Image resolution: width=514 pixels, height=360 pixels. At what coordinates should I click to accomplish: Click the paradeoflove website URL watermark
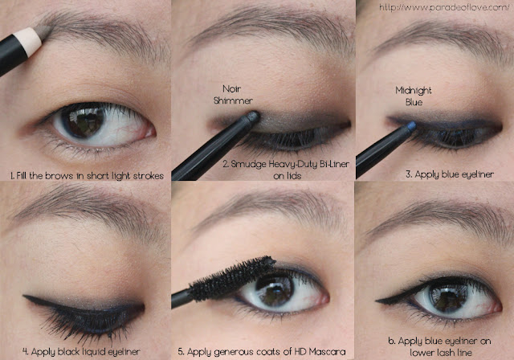click(x=444, y=7)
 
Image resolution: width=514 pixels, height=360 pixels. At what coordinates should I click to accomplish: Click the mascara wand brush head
click(x=231, y=279)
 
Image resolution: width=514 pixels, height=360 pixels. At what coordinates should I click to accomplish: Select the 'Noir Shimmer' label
click(x=232, y=95)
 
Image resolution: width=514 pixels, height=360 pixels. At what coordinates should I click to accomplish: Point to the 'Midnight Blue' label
click(x=414, y=96)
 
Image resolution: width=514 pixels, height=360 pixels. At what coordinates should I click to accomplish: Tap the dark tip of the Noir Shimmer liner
click(x=252, y=117)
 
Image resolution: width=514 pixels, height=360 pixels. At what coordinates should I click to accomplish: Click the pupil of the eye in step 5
click(x=275, y=290)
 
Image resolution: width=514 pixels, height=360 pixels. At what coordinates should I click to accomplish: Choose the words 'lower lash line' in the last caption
click(x=441, y=353)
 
